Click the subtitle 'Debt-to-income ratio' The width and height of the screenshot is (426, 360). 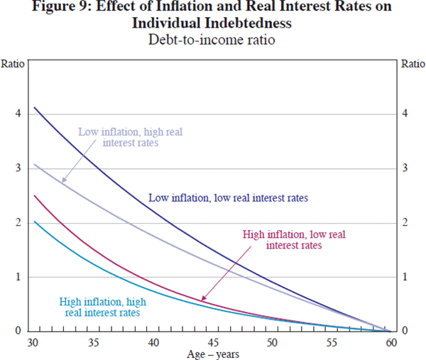[213, 40]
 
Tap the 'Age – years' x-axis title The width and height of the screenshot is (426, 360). [213, 353]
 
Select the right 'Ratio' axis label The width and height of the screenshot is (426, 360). [413, 63]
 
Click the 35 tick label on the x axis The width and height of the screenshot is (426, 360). [94, 342]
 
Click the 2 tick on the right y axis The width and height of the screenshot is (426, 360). [405, 223]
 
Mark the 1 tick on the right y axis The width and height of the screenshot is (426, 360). [405, 277]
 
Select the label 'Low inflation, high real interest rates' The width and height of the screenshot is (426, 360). [117, 136]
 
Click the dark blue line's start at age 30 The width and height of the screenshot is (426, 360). [34, 107]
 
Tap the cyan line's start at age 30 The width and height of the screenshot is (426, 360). [34, 222]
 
